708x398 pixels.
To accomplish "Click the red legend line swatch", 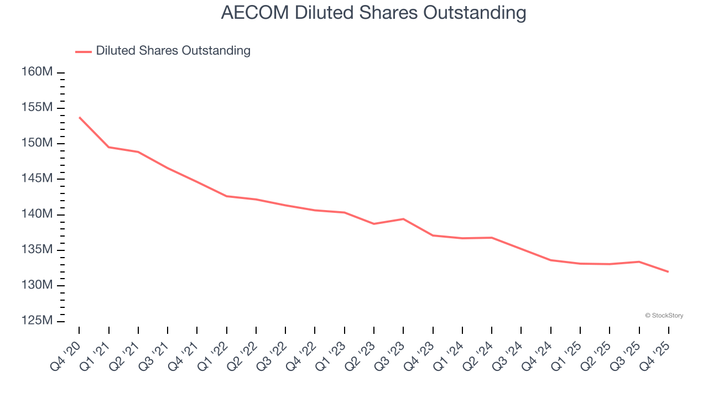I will [x=83, y=51].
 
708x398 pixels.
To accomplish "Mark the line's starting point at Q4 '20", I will [x=79, y=117].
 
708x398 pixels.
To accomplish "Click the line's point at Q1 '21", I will [x=108, y=147].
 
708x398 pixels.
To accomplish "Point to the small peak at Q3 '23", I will [x=403, y=219].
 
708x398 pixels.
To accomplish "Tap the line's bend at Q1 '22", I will [x=227, y=196].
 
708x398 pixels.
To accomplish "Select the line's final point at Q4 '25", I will [x=669, y=271].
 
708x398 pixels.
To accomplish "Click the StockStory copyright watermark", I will [x=664, y=316].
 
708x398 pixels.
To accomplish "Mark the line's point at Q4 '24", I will [x=551, y=260].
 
